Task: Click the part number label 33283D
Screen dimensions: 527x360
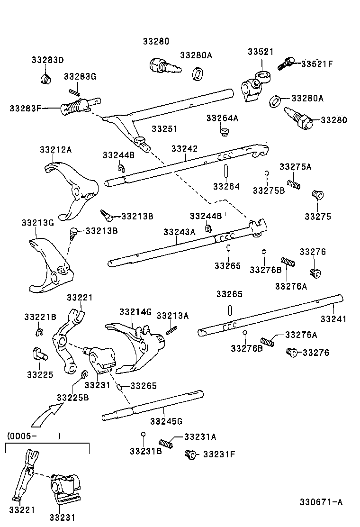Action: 47,60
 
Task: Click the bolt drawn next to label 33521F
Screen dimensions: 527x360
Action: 286,63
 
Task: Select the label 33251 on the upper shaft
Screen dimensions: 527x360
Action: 164,128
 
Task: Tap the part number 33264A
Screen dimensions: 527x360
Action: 222,118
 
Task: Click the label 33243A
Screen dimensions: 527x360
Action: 179,232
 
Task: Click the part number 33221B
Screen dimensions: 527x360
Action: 40,316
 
